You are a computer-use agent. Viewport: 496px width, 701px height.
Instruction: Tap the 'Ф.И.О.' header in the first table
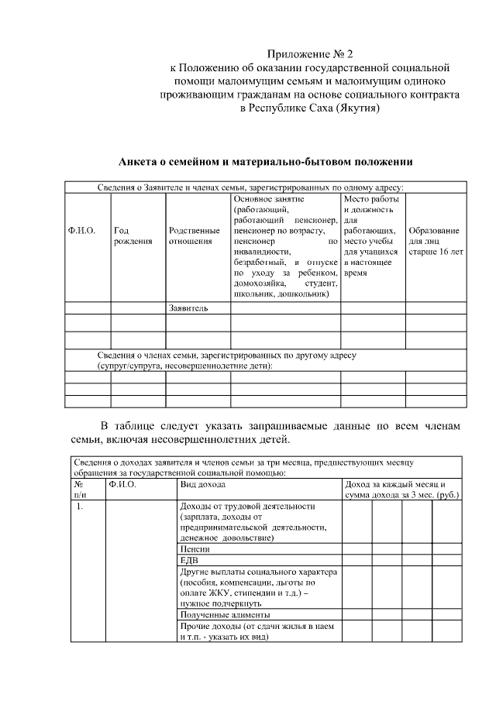[x=82, y=231]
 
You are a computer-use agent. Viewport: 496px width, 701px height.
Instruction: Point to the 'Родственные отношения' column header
[x=194, y=236]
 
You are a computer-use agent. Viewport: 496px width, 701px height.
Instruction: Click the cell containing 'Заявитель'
[x=188, y=308]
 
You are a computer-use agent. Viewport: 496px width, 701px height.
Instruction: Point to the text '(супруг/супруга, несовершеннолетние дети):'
[x=184, y=365]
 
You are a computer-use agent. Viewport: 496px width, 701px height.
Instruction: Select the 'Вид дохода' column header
[x=202, y=484]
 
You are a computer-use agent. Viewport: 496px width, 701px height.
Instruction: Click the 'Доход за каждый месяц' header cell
[x=400, y=484]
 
